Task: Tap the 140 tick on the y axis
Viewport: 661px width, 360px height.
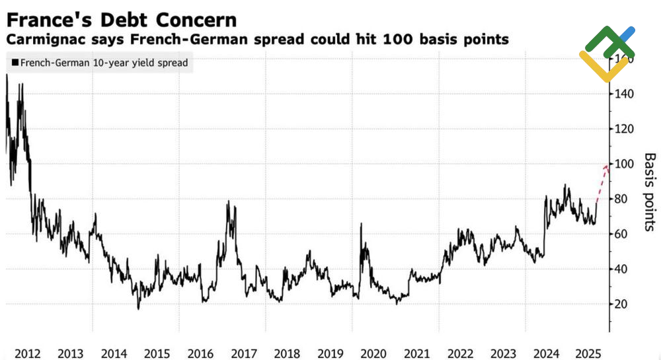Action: pos(624,94)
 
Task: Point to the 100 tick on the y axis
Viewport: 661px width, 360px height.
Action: pos(624,164)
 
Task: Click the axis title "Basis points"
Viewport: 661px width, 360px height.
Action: pos(649,192)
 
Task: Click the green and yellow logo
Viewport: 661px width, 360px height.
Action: pos(607,53)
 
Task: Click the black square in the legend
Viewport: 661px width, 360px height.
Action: pos(15,63)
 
